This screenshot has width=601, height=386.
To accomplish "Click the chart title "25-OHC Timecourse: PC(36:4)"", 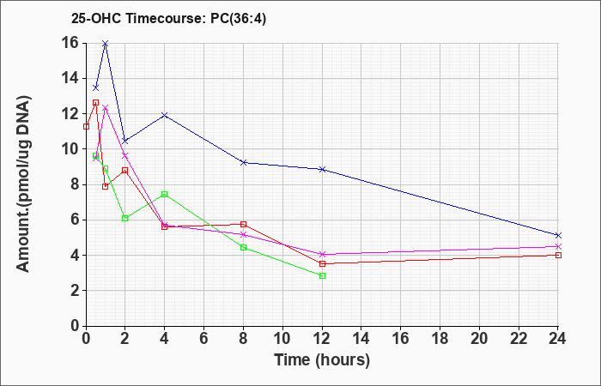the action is (x=168, y=19).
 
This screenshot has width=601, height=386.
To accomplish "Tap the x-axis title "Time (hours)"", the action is (x=322, y=360).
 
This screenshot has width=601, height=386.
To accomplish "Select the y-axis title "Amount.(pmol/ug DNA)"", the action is (x=24, y=184).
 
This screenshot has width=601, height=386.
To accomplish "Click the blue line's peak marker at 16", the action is (x=106, y=43).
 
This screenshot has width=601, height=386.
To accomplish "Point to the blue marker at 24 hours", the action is (x=558, y=235).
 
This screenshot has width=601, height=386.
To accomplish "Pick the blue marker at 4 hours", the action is (x=165, y=115).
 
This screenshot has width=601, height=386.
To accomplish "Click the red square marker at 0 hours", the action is (x=86, y=126).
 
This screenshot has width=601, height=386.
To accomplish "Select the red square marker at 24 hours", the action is (x=558, y=255).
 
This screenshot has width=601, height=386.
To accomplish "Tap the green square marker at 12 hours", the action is (x=322, y=275).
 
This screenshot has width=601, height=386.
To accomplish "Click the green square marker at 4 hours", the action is (x=165, y=194).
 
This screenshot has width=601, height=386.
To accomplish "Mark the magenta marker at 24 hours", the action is (x=558, y=246).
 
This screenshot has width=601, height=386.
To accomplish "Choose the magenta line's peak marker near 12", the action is (x=106, y=108).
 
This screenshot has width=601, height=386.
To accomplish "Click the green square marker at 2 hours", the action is (x=125, y=218).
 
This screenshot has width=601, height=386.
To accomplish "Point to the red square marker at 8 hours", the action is (x=243, y=224).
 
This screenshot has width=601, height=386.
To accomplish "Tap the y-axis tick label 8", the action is (x=76, y=184).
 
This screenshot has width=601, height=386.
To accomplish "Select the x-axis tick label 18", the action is (x=440, y=338).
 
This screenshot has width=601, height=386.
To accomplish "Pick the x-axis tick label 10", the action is (x=282, y=338).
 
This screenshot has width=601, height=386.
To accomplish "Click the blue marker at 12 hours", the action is (x=322, y=169).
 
